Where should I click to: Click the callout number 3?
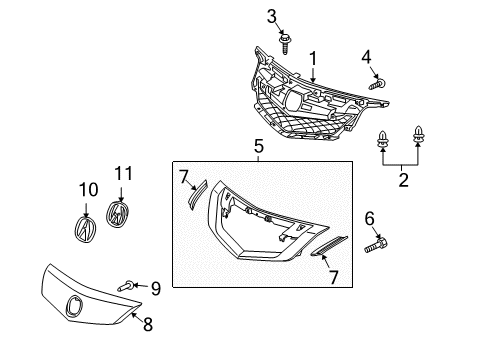click(272, 16)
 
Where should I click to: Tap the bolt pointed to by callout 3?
click(284, 43)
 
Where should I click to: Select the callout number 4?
click(366, 57)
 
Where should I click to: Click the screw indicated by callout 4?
click(378, 84)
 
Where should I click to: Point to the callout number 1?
click(313, 59)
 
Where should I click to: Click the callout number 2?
click(403, 180)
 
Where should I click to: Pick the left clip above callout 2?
click(383, 141)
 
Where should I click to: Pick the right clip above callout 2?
click(418, 136)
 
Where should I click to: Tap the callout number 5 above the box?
click(259, 146)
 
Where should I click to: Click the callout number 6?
click(369, 219)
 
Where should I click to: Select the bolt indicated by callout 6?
click(376, 245)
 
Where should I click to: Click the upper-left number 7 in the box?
click(184, 177)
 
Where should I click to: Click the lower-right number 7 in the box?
click(333, 277)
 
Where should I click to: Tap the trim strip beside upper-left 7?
click(197, 195)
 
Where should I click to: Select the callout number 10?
click(88, 190)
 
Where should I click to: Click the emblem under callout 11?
click(117, 214)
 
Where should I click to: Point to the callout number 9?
click(156, 289)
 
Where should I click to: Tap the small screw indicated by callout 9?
click(126, 286)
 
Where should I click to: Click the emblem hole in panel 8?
click(74, 306)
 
